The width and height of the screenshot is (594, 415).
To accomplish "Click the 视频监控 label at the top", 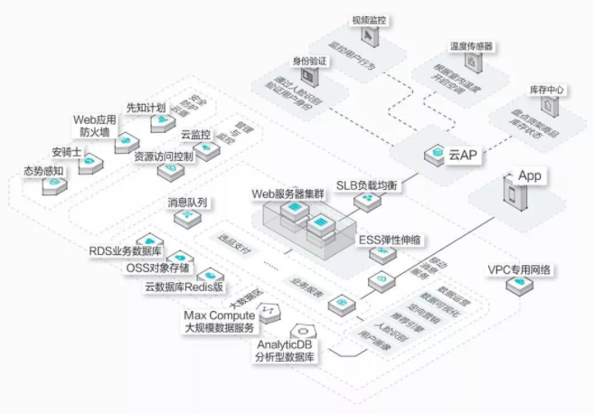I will coord(370,18).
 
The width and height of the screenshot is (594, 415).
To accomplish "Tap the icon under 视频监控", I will coord(370,35).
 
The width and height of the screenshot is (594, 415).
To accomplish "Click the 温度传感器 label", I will coord(471,44).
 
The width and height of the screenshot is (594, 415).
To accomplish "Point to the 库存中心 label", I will coord(545,90).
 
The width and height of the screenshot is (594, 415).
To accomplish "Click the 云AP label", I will coord(462,156).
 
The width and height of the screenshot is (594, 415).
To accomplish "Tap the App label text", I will coord(529,175).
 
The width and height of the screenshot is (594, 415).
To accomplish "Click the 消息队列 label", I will coord(187,202).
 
